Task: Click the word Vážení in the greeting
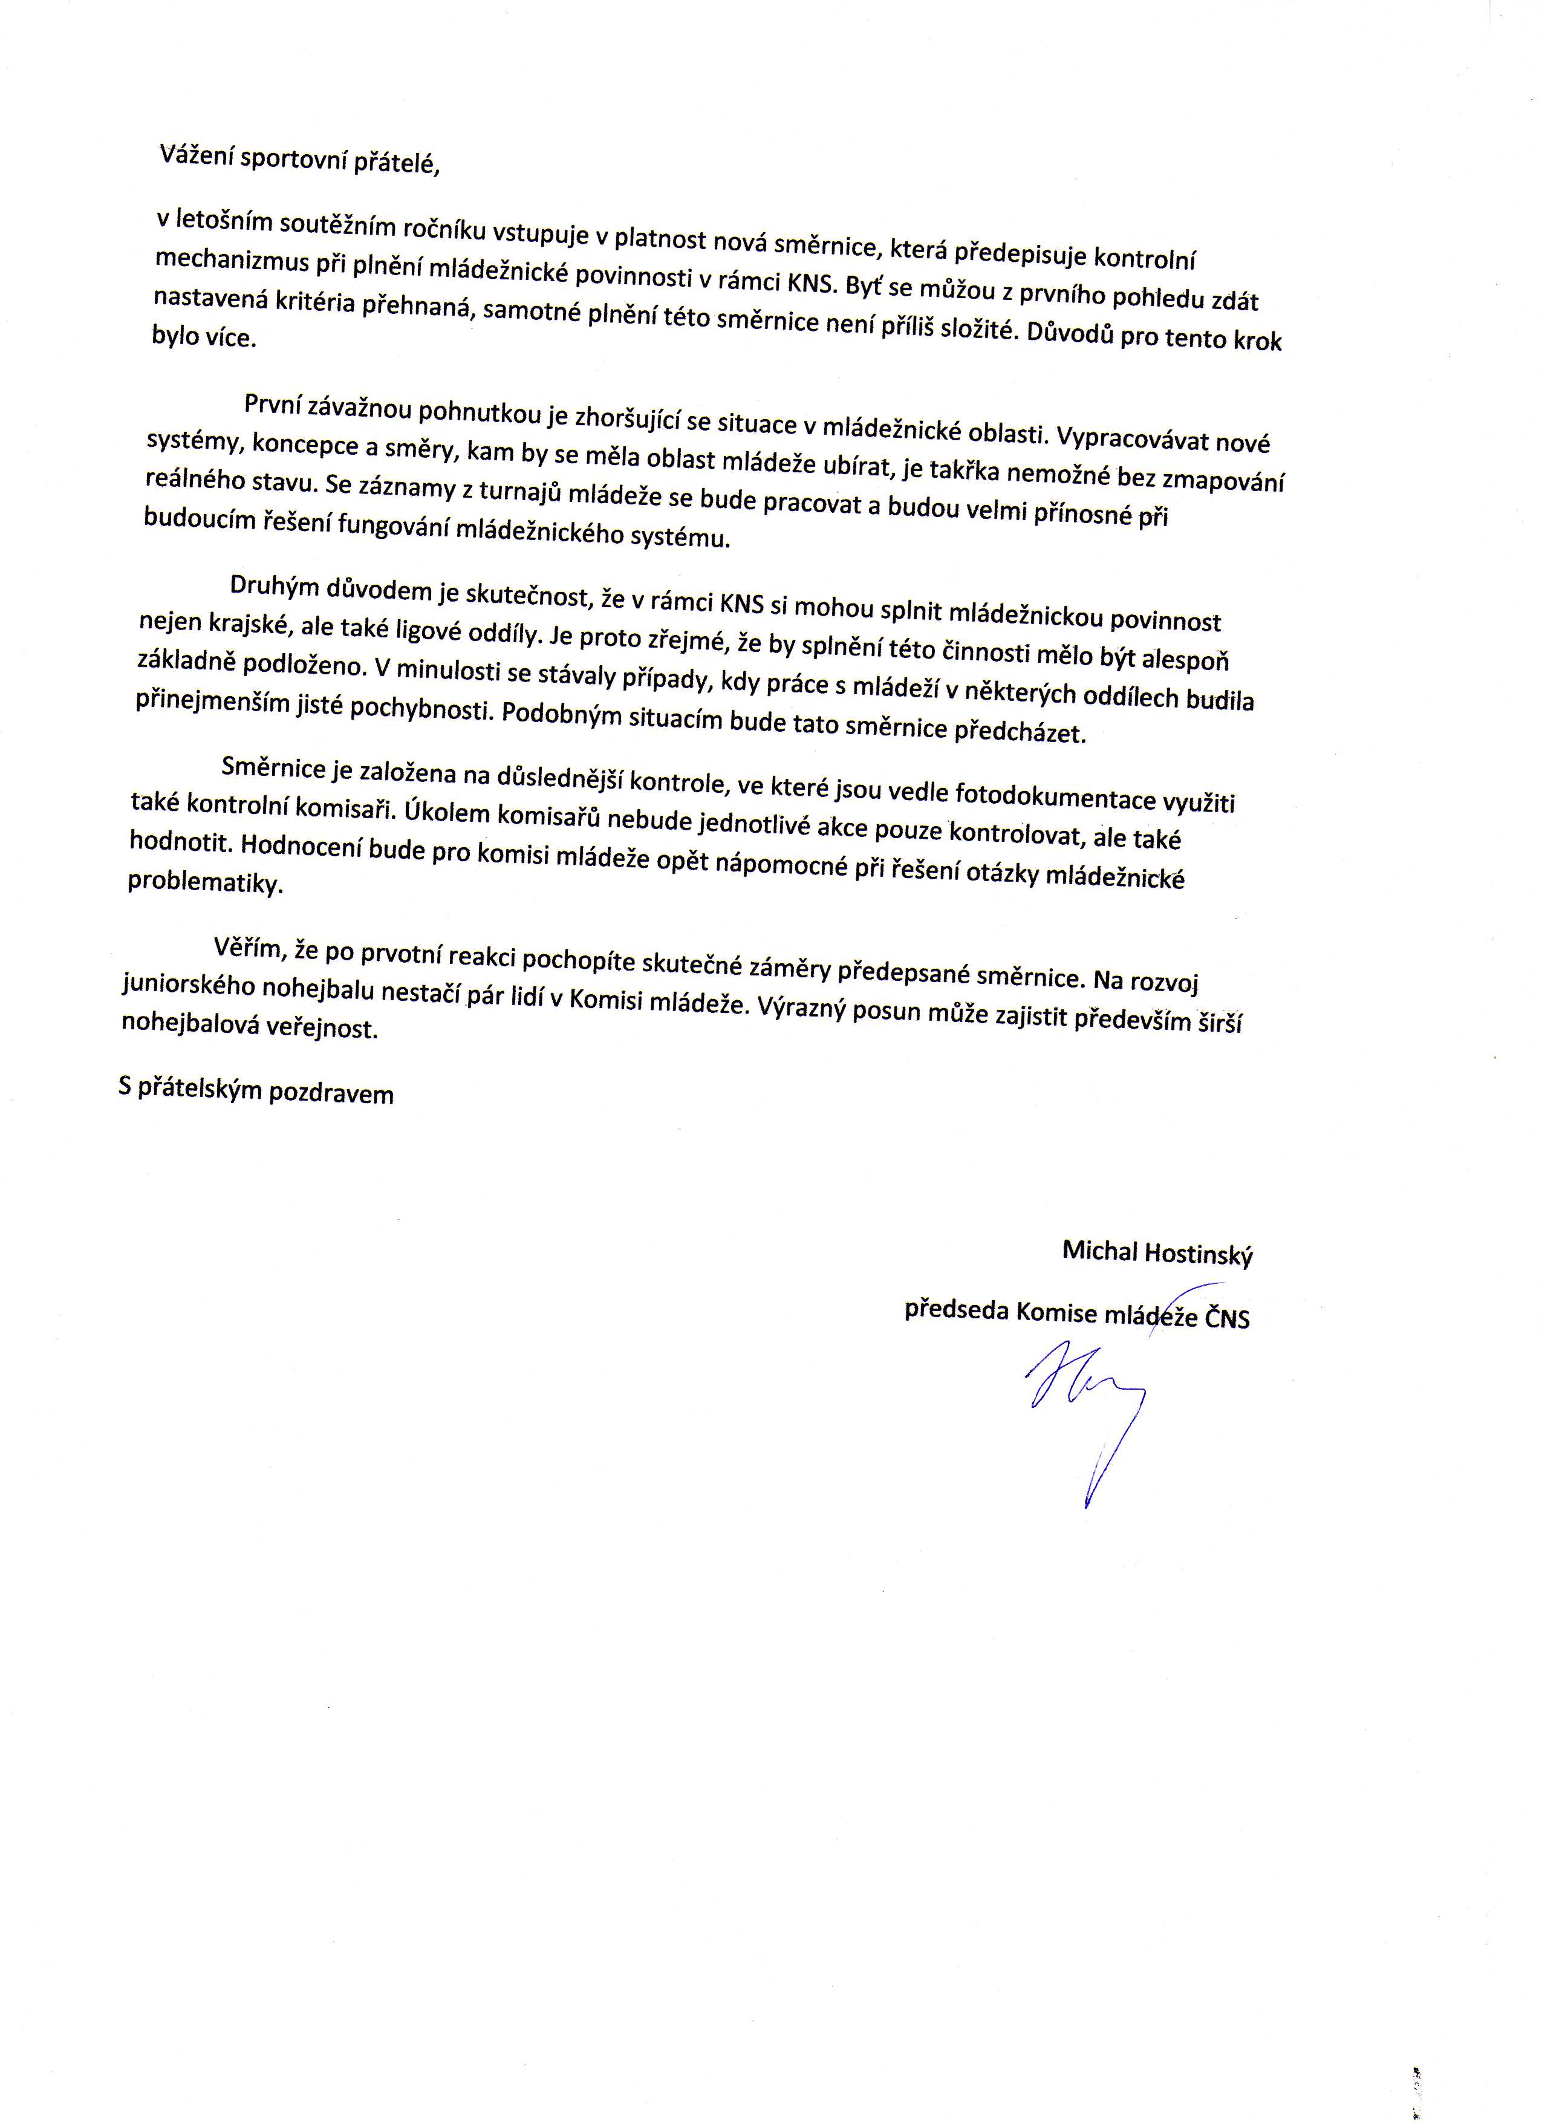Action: coord(195,156)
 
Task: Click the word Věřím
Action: coord(248,948)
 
